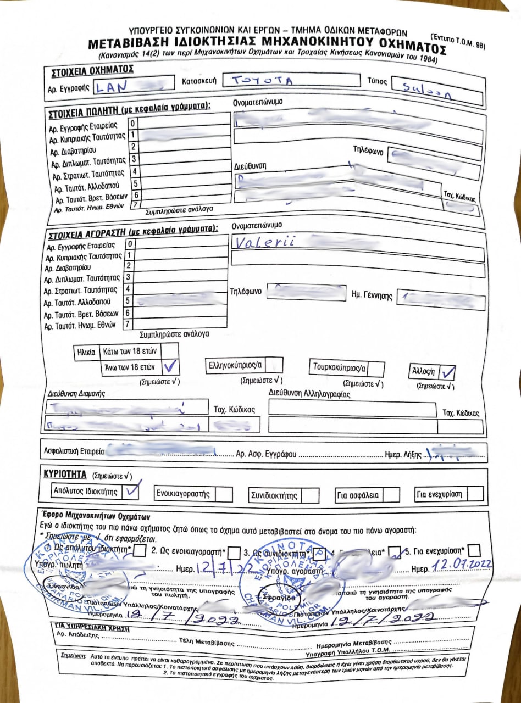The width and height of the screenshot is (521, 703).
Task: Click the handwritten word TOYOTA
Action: tap(261, 81)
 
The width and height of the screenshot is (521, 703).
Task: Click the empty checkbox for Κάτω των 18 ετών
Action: tap(171, 349)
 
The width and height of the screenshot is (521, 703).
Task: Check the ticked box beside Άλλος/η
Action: tap(448, 372)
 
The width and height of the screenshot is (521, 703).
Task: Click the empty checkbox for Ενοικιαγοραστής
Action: tap(224, 493)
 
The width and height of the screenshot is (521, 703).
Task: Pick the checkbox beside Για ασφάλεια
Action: tap(391, 494)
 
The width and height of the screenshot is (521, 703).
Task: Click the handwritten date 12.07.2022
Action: tap(461, 564)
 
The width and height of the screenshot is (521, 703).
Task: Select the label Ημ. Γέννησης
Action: tap(372, 295)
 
